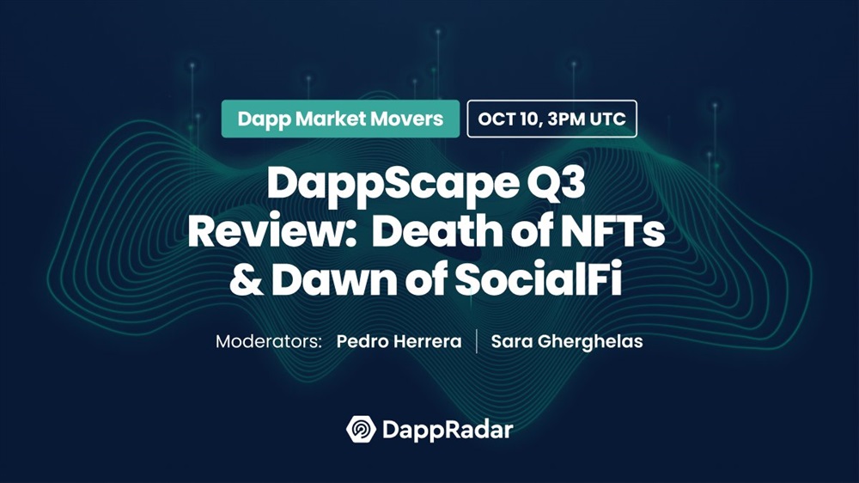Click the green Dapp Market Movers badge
(x=340, y=119)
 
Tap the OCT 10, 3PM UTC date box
(x=551, y=119)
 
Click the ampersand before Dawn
(x=246, y=279)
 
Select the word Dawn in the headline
(x=334, y=279)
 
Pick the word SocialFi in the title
(x=539, y=279)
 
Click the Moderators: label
(x=268, y=341)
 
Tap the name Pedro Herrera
(x=399, y=341)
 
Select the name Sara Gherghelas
(x=567, y=341)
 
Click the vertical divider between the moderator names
(x=477, y=341)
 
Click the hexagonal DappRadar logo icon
(x=361, y=429)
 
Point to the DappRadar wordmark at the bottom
(x=448, y=430)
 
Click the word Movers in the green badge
(x=407, y=119)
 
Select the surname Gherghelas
(x=590, y=342)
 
